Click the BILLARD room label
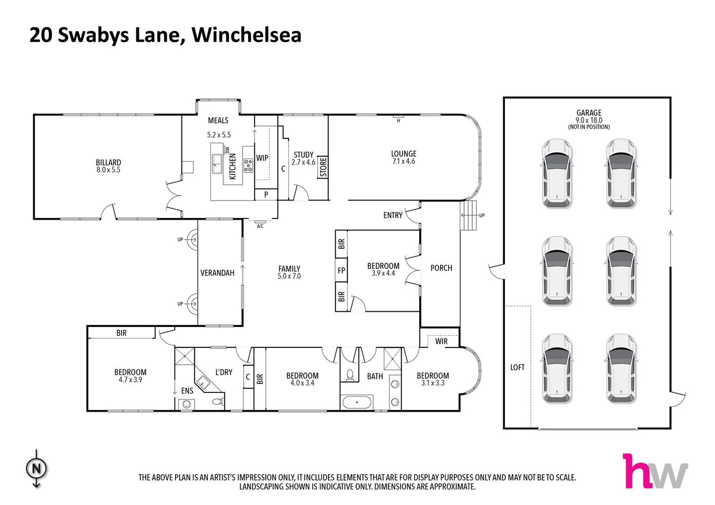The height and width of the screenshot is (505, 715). click(x=108, y=162)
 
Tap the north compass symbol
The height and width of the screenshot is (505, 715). click(x=36, y=469)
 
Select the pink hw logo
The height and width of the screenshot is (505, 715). click(x=655, y=471)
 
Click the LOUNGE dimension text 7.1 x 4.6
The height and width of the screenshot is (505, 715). click(x=403, y=161)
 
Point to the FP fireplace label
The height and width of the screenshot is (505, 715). click(x=341, y=270)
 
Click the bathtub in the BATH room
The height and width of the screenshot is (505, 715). click(x=357, y=402)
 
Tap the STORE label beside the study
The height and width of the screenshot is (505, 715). click(x=323, y=167)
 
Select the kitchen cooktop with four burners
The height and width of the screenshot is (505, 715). click(x=248, y=166)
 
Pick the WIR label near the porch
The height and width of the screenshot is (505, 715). click(x=441, y=341)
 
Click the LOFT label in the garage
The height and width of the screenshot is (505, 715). click(x=517, y=368)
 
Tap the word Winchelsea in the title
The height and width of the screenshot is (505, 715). click(x=247, y=35)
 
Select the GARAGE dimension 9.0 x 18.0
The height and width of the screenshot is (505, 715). click(x=589, y=120)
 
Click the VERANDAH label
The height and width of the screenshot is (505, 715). click(x=217, y=273)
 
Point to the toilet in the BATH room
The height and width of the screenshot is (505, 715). click(x=350, y=375)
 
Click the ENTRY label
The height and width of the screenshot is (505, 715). click(x=393, y=215)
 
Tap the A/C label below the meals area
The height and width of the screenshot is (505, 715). click(x=260, y=226)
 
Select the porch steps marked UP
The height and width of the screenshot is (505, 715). click(x=468, y=216)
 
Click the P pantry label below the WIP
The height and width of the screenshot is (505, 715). click(x=266, y=195)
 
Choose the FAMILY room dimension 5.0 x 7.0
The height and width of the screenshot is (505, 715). click(x=289, y=276)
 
